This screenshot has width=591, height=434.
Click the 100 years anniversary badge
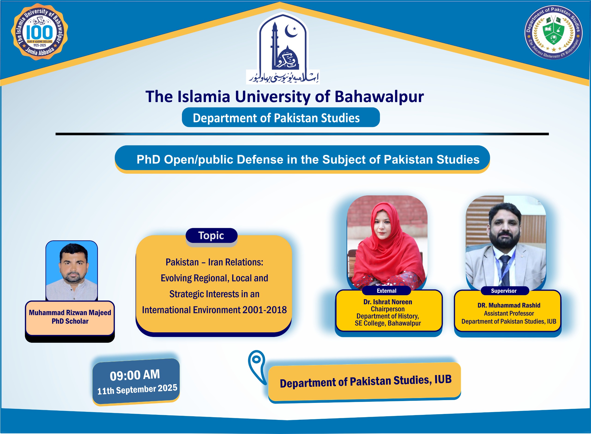(39, 32)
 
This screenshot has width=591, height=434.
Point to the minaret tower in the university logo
(275, 45)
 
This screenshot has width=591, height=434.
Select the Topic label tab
(211, 235)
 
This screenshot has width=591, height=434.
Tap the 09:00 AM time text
(135, 375)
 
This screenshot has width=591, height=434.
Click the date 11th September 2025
(137, 389)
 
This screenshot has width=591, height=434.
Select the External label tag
(386, 291)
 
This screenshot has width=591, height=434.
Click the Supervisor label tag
(504, 291)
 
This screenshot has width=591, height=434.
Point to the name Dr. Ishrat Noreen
(388, 302)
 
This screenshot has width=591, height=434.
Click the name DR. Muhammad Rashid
(509, 305)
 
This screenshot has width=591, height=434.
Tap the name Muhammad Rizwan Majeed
(70, 313)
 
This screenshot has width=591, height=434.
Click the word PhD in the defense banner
(148, 159)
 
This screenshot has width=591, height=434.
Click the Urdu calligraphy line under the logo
(283, 77)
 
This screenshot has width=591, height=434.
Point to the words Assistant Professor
(509, 313)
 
